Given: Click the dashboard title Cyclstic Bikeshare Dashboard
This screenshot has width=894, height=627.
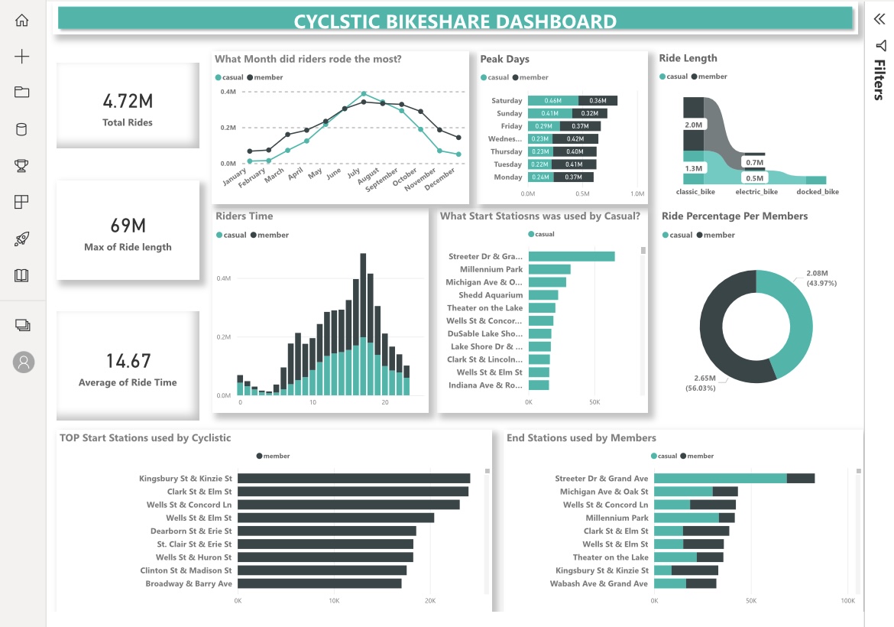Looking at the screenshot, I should pos(455,21).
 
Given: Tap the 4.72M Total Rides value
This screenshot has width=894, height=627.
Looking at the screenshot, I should pos(128,101).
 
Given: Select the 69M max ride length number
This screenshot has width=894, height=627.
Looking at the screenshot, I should pos(128,226).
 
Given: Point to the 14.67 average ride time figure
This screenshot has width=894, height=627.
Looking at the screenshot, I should pos(128,361).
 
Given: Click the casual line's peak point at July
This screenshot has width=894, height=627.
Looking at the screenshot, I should pos(364,93).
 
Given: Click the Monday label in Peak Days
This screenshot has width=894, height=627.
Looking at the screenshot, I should pos(508,177).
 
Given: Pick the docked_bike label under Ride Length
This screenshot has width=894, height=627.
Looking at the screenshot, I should pos(817,192).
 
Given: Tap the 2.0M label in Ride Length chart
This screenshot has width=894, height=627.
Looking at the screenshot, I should pos(693,125).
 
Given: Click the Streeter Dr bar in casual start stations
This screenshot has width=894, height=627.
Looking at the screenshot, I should pos(571,256).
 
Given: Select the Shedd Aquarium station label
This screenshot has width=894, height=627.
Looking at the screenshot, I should pos(491,295).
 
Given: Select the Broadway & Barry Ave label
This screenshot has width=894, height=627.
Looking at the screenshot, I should pos(189,583).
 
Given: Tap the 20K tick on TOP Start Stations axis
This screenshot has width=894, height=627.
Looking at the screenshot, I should pos(430,601).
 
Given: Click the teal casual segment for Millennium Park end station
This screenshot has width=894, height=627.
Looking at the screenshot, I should pos(686,518).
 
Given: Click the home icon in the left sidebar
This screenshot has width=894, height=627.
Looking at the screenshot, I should pos(22,21).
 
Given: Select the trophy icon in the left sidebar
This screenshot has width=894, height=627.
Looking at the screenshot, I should pos(22,165).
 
